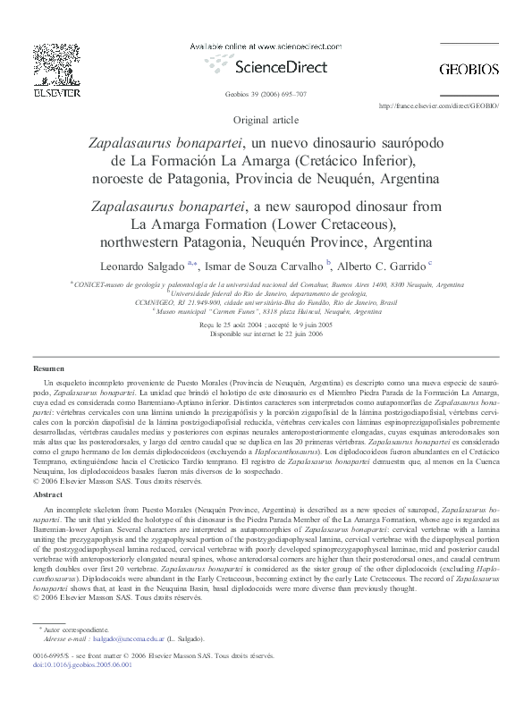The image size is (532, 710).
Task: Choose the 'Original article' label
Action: [266, 119]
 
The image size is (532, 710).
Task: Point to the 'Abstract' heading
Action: [47, 494]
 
